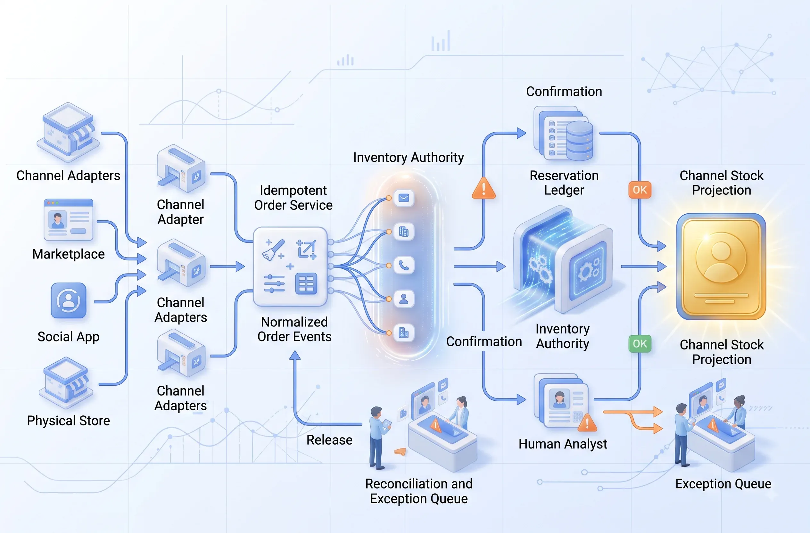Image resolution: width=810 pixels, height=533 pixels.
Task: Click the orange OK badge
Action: point(640,190)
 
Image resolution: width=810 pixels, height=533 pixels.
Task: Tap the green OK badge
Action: point(640,344)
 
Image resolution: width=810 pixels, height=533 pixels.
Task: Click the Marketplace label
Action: point(68,254)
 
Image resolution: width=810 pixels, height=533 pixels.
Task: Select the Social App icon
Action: point(68,300)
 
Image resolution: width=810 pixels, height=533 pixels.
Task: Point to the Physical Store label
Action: point(68,421)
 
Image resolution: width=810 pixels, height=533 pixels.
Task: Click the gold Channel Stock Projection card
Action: point(721,266)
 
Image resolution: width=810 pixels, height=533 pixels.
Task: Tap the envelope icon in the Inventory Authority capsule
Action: point(404,198)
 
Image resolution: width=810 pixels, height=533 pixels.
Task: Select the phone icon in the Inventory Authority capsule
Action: point(404,265)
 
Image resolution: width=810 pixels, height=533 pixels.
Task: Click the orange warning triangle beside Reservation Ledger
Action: point(484,188)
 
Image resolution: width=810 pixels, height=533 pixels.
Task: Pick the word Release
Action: point(329,440)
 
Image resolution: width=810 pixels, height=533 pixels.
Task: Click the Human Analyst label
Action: point(563,444)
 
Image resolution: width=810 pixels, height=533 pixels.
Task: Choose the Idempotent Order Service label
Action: point(293,198)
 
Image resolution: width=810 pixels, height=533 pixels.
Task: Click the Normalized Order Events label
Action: point(294,329)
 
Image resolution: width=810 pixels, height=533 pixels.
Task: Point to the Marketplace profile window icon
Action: point(68,219)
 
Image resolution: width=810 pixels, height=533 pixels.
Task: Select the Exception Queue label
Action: point(723,484)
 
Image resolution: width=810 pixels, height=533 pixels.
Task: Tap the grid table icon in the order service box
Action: point(306,283)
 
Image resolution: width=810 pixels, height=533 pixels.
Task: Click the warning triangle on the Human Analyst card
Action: point(587,423)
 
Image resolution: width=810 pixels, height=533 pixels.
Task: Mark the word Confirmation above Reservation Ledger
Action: point(564,92)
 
